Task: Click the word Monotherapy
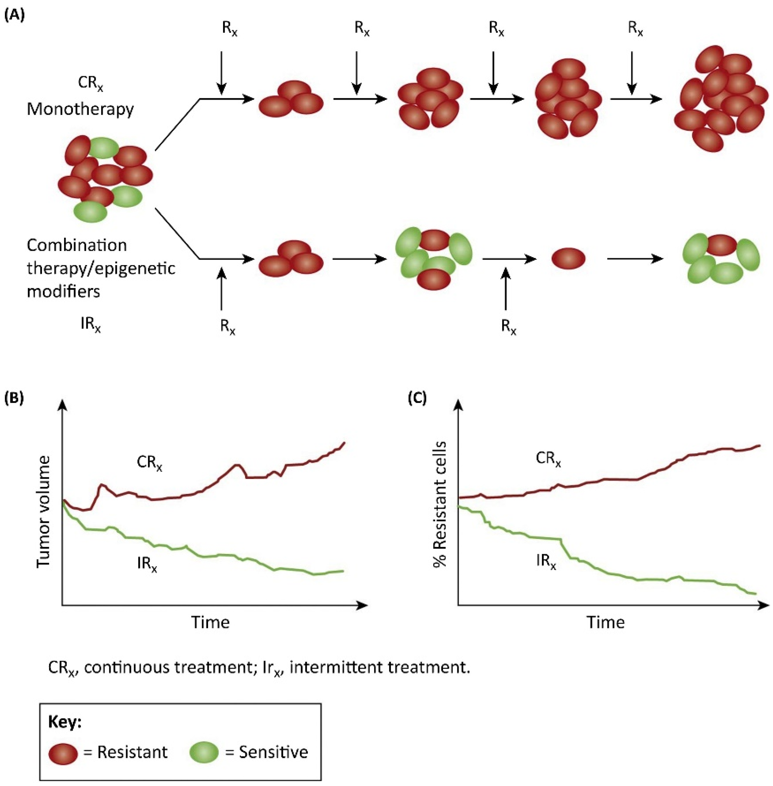pos(80,109)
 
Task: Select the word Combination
pos(77,245)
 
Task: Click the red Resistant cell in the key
pos(63,752)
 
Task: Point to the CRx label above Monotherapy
pos(91,83)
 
